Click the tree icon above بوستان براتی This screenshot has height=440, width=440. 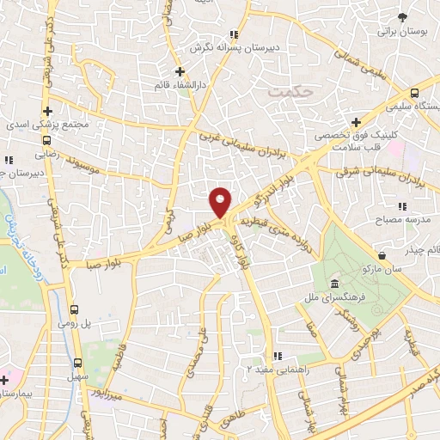pyautogui.click(x=402, y=16)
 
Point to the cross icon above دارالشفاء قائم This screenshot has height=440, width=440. pyautogui.click(x=180, y=71)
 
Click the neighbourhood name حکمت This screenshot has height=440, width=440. pyautogui.click(x=285, y=89)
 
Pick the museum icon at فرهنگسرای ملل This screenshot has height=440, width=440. pyautogui.click(x=333, y=285)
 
